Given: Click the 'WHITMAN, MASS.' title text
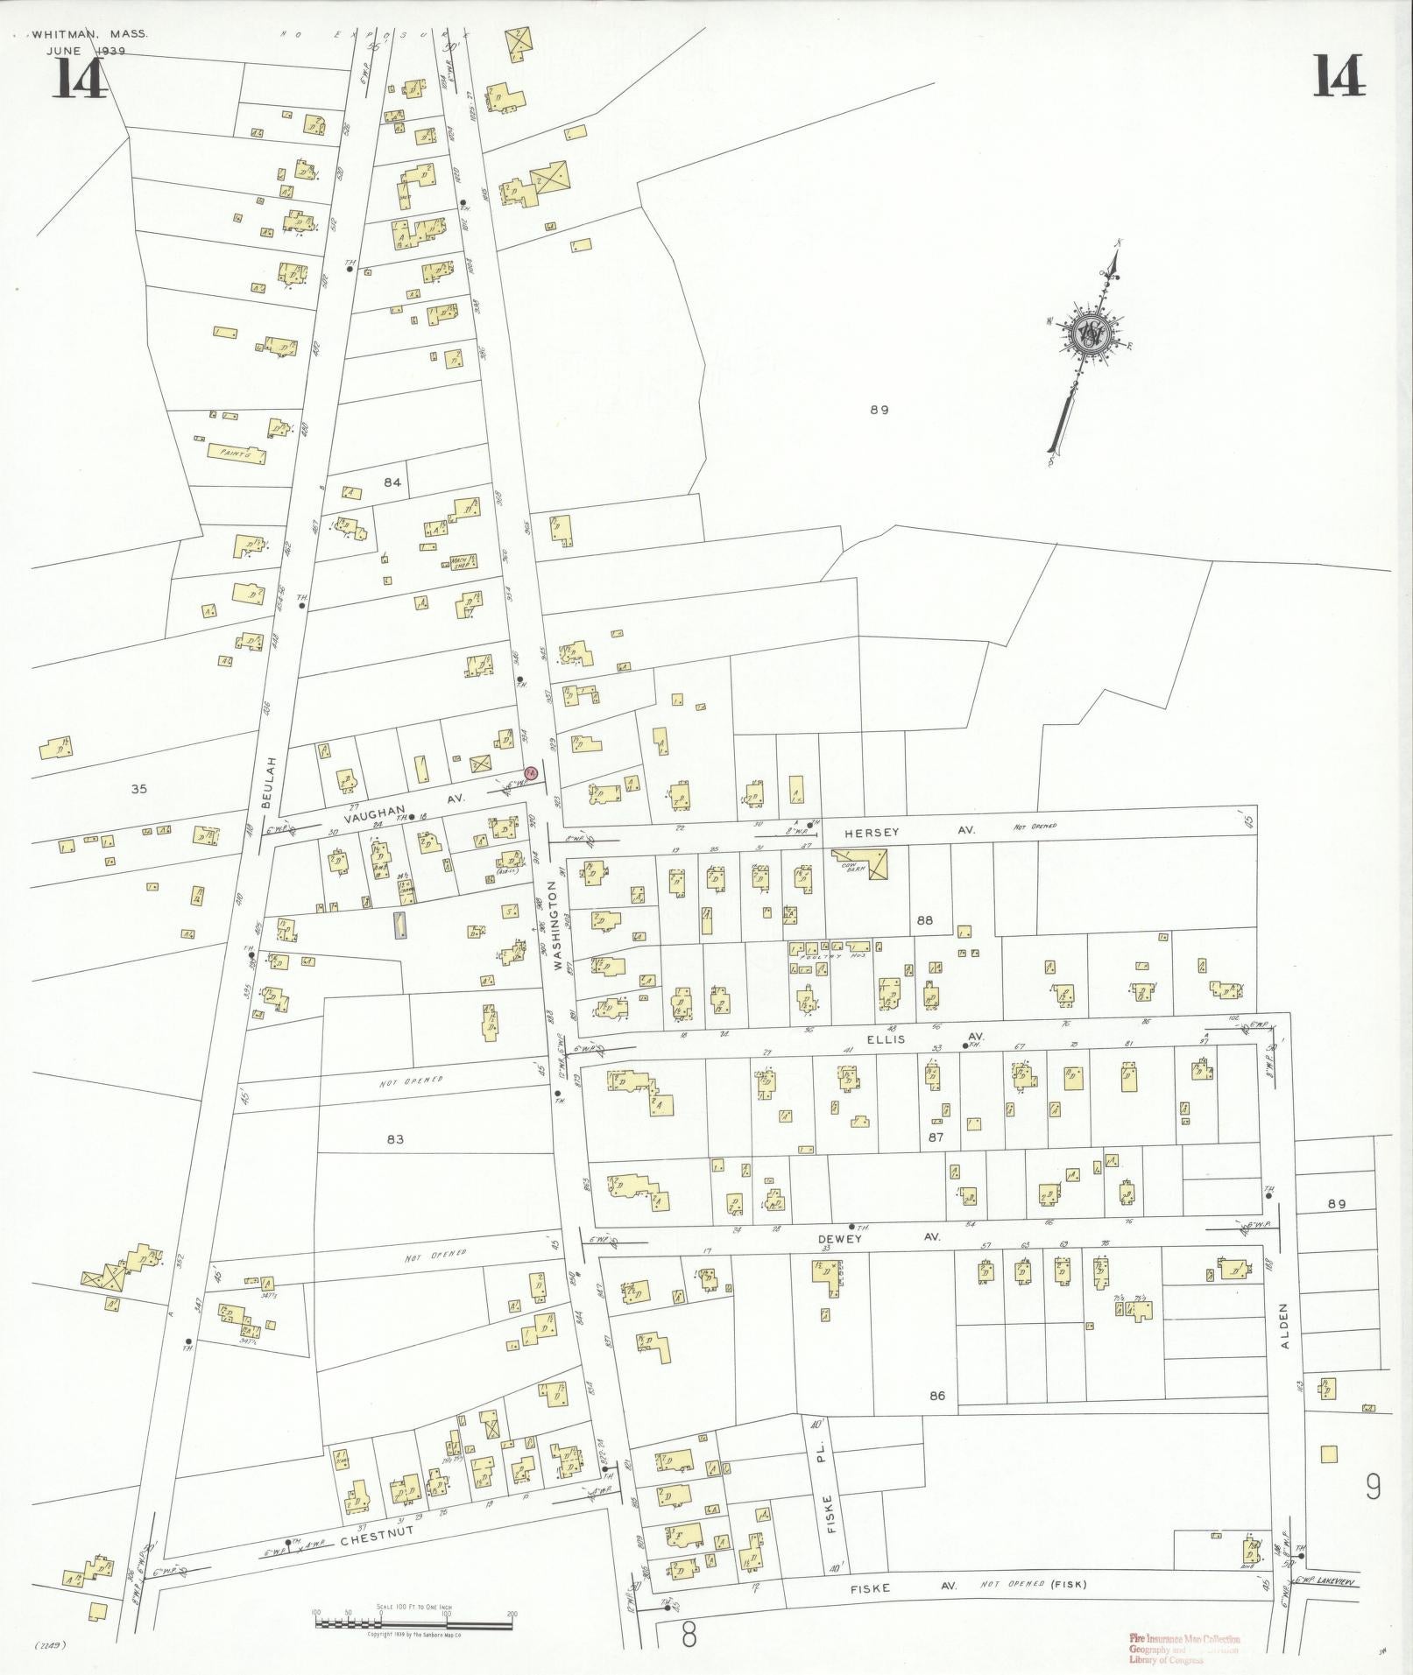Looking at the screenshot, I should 89,35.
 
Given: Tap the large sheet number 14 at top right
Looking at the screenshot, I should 1338,76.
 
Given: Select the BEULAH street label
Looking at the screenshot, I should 272,781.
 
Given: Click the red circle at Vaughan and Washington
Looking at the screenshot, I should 530,772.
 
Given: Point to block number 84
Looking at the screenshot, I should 392,482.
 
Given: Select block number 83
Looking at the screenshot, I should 394,1139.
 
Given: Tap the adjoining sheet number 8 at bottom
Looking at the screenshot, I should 689,1634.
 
